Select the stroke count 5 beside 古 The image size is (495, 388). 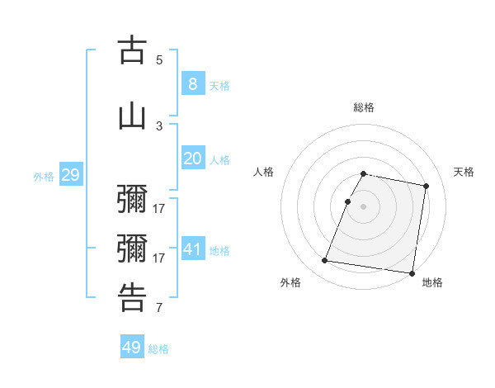point(159,59)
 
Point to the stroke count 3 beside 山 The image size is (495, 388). point(159,125)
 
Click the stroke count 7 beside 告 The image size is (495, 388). point(159,309)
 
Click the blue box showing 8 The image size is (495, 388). point(192,83)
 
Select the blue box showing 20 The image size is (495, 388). point(192,159)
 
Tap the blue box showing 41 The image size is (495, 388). point(192,249)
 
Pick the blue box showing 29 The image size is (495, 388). point(70,174)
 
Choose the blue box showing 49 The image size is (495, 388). point(132,348)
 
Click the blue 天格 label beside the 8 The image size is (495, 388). point(219,85)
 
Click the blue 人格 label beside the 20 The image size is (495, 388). point(219,160)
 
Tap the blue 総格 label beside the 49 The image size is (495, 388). point(158,349)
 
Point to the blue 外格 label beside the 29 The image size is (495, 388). point(44,176)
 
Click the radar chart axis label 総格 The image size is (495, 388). point(364,107)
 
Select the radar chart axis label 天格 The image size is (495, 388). point(464,172)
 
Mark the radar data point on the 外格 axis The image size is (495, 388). point(325,261)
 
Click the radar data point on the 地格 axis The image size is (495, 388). point(412,273)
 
